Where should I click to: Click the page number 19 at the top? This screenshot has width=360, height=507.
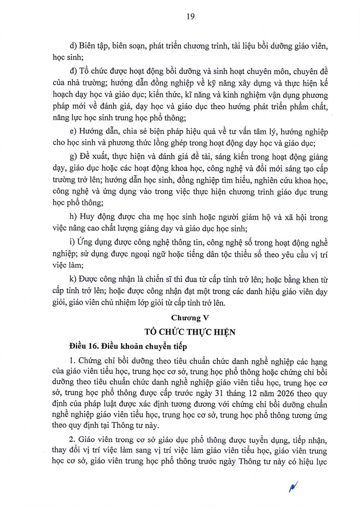click(190, 16)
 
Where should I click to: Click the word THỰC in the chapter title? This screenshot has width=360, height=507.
click(199, 332)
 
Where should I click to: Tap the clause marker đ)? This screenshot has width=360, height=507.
click(73, 71)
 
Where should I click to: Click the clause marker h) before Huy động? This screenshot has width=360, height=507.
click(73, 217)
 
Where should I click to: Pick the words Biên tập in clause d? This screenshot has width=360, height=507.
click(94, 46)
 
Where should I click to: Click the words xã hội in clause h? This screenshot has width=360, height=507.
click(295, 217)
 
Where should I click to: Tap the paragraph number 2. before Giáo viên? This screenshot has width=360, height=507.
click(72, 440)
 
